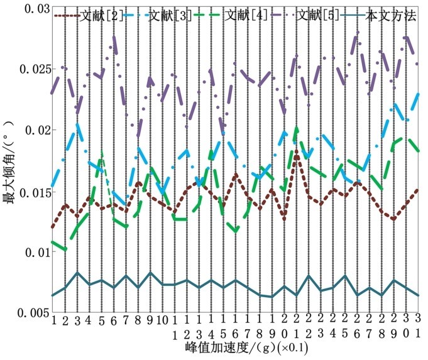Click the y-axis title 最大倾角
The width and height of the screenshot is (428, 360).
pos(10,161)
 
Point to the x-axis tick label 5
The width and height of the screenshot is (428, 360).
pos(101,320)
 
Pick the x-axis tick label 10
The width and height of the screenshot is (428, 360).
pos(162,320)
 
